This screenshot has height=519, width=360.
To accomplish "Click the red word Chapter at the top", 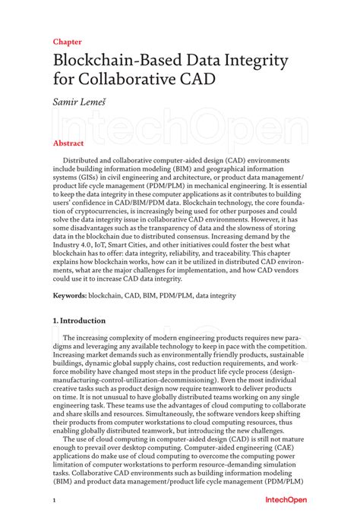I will pos(68,42).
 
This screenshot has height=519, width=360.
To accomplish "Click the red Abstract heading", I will pos(68,143).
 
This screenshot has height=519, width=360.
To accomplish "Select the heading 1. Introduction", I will pos(80,321).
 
